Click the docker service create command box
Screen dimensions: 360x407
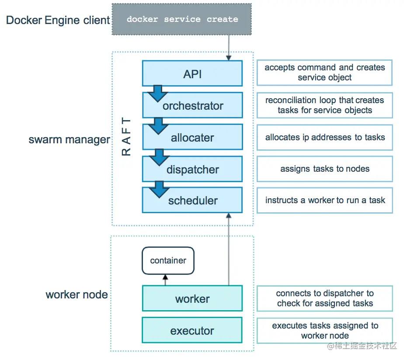pos(182,19)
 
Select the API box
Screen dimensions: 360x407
pos(192,73)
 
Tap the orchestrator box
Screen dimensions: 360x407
pos(192,105)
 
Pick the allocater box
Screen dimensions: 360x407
pos(192,137)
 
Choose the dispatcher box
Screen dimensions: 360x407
pos(192,169)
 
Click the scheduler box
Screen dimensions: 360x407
pos(192,201)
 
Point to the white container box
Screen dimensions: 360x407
pos(168,261)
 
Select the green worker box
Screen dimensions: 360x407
pos(192,299)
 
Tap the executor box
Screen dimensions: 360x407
pos(192,331)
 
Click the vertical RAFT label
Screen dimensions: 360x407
pos(126,137)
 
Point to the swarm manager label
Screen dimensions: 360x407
pos(69,140)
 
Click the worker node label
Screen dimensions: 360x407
pos(77,294)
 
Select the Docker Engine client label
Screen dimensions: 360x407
pos(58,20)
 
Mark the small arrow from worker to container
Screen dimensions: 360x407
pos(165,280)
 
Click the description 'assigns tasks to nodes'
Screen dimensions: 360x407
pos(324,169)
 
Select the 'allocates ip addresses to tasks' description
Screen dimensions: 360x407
pos(324,137)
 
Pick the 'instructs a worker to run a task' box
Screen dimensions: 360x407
pos(324,201)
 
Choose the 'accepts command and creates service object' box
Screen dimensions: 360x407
pos(324,73)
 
